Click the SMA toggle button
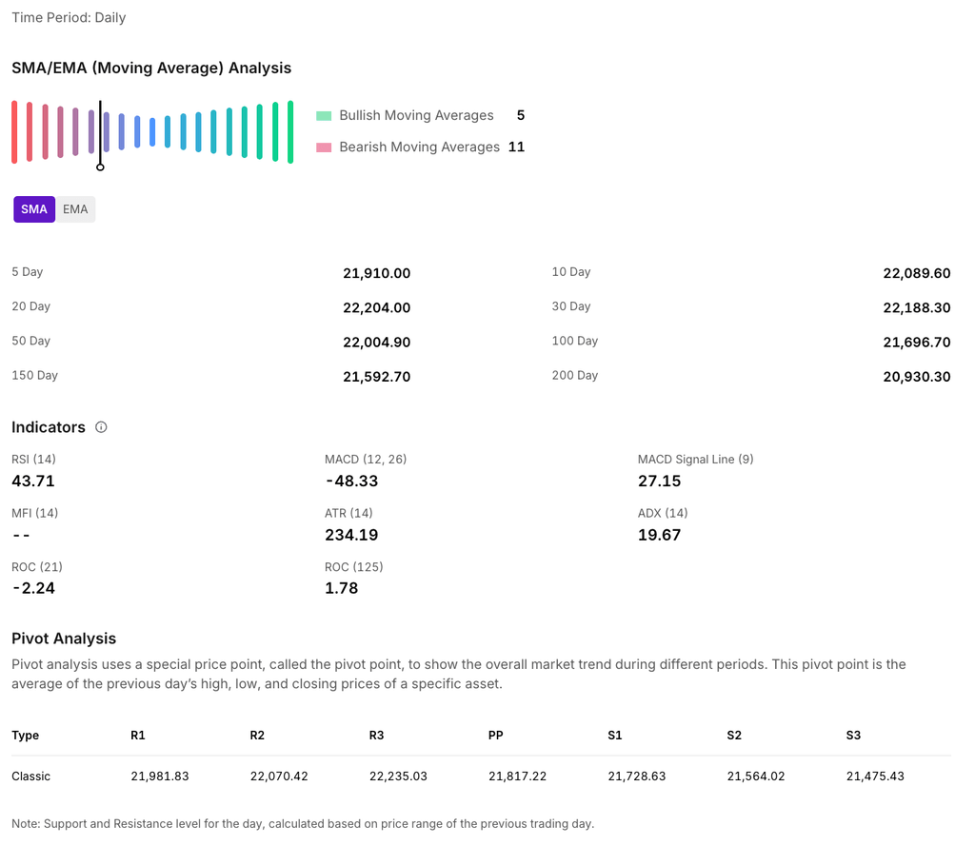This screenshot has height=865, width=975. point(34,209)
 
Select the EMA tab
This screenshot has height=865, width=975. point(75,209)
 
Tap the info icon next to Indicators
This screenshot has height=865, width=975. point(101,427)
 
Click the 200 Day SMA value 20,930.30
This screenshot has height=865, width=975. point(916,377)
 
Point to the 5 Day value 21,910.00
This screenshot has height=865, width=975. point(376,273)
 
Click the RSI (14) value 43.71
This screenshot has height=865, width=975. point(33,481)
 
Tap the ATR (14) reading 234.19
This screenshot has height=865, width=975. point(351,535)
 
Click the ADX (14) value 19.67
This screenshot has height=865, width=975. point(659,535)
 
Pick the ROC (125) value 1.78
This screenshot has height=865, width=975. point(341,588)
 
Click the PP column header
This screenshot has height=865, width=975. point(496,736)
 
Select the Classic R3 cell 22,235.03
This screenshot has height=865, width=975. point(398,777)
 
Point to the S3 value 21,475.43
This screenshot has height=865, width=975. point(875,777)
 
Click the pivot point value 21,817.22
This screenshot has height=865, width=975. point(517,777)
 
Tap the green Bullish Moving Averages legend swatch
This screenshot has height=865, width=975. point(324,116)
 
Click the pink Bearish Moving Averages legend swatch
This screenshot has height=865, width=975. point(324,147)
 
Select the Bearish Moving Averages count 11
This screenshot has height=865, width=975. point(516,147)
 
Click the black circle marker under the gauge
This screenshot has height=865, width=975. point(100,167)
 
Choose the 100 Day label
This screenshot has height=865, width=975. point(574,341)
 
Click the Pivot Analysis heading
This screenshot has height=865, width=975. point(64,639)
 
